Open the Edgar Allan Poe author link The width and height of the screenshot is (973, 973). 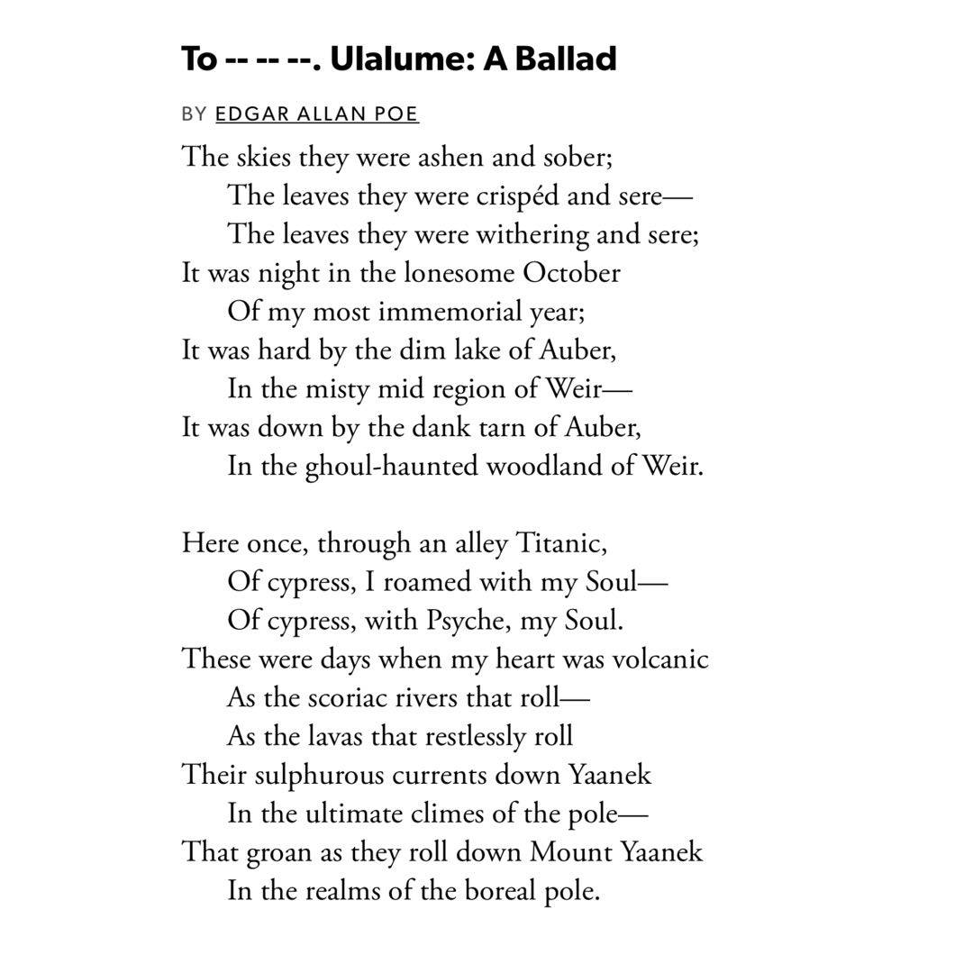pyautogui.click(x=316, y=114)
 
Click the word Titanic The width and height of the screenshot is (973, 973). pyautogui.click(x=560, y=543)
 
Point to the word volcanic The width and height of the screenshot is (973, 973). pyautogui.click(x=660, y=659)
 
